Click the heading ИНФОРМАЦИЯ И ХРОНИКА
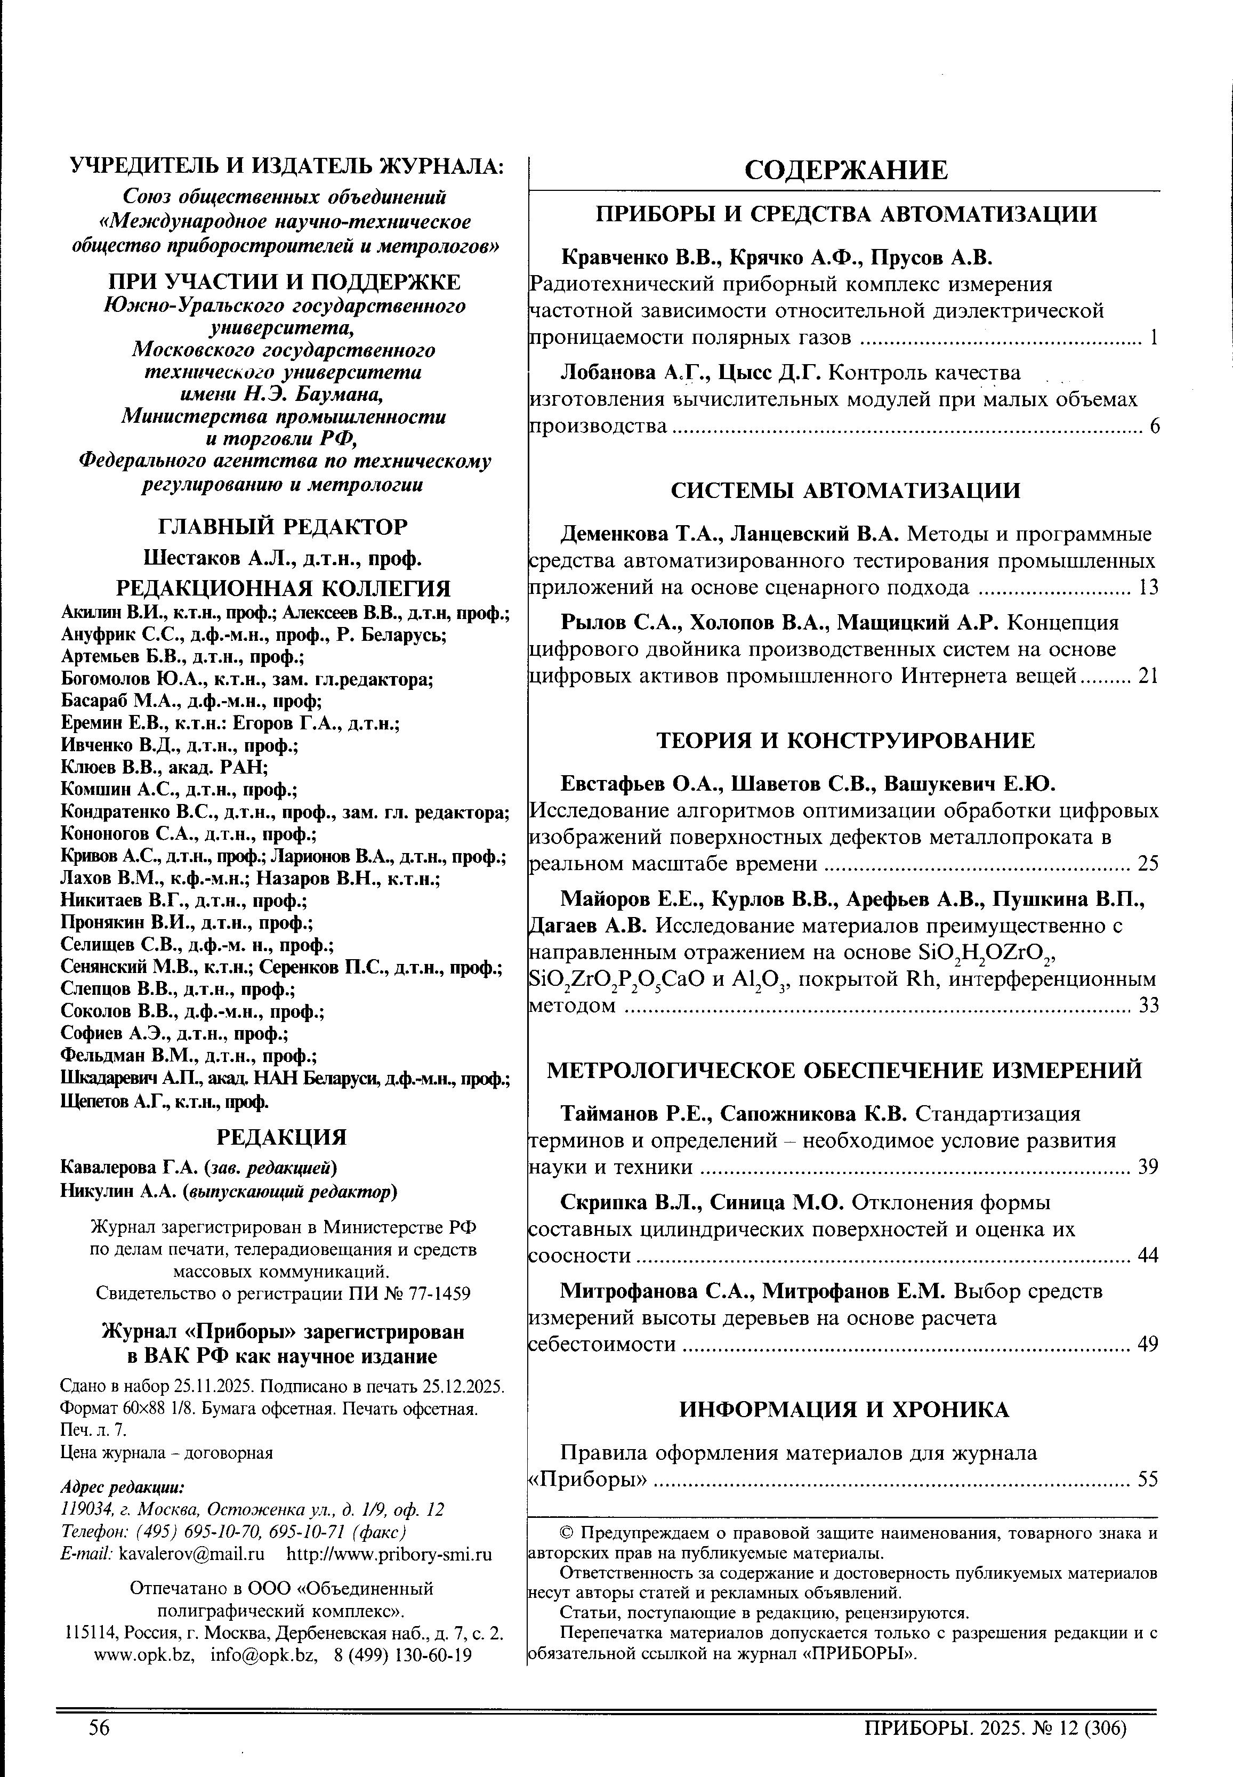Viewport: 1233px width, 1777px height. [844, 1410]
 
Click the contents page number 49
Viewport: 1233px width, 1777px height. [1148, 1344]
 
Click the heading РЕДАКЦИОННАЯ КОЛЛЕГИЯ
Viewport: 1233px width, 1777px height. [283, 589]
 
